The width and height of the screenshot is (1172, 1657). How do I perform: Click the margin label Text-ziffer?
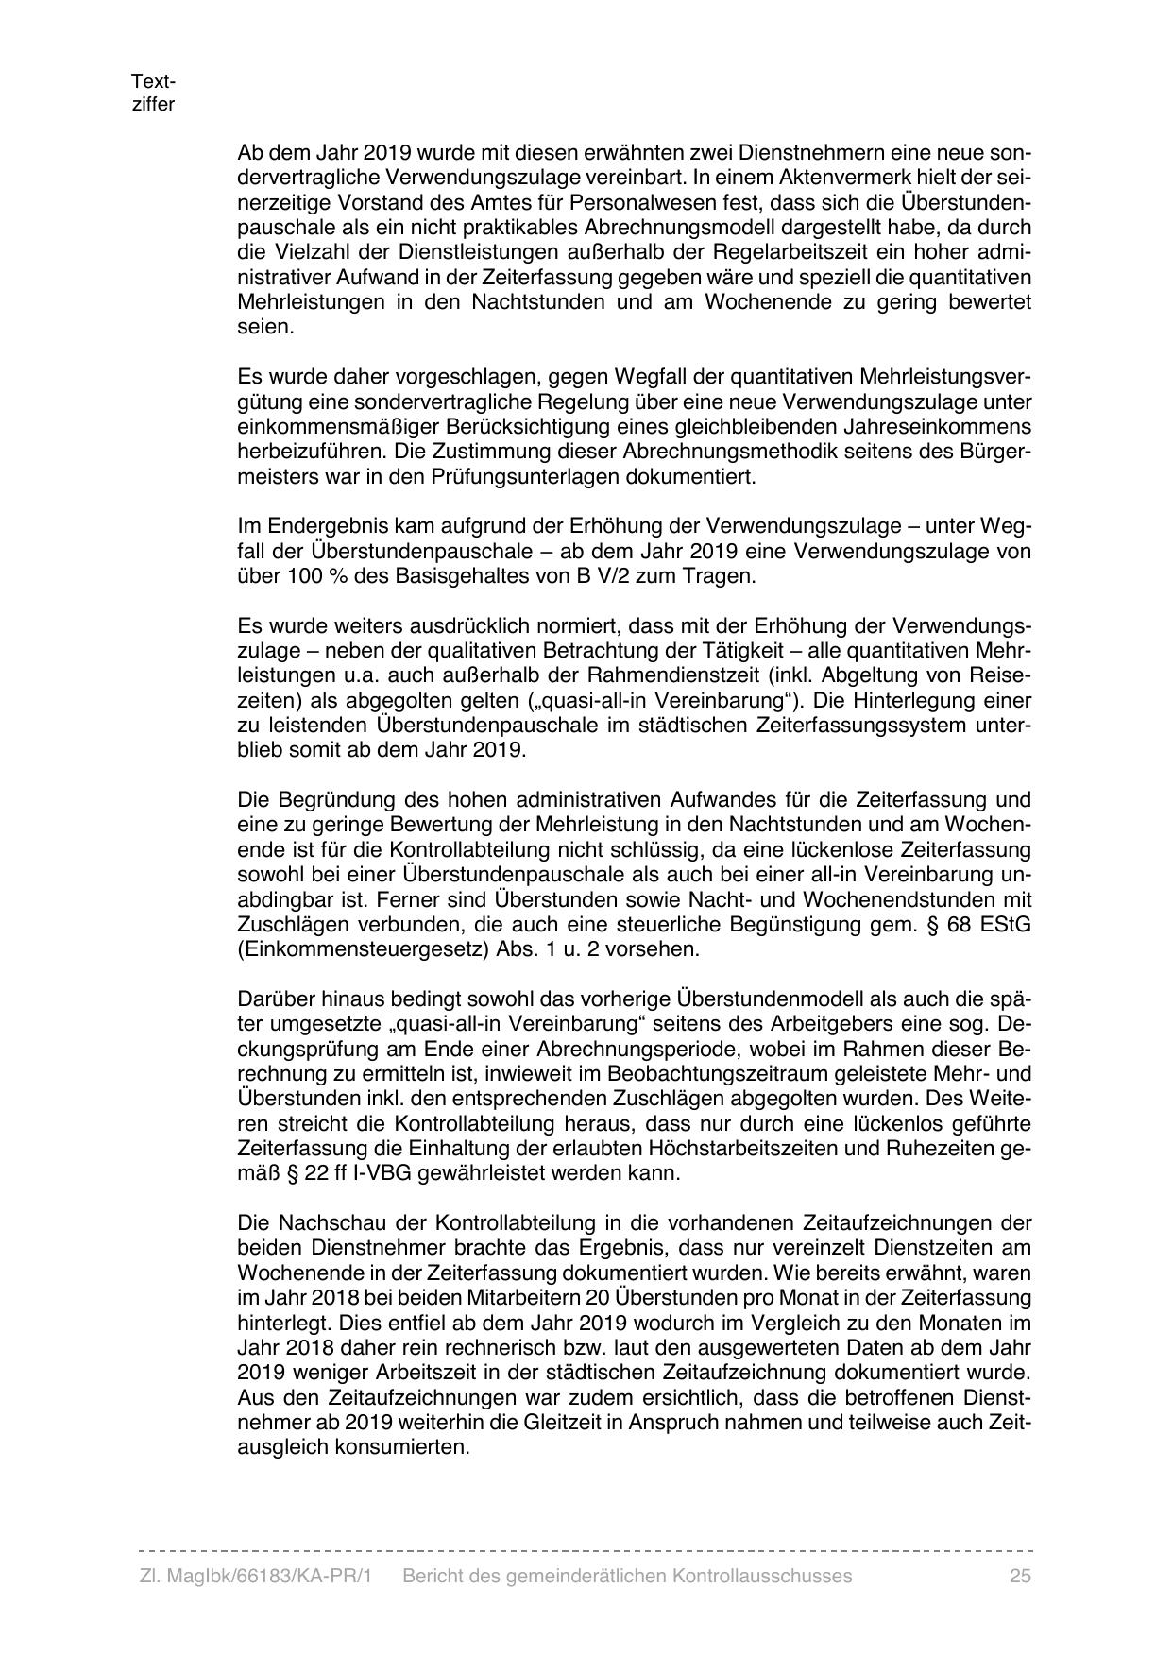point(153,93)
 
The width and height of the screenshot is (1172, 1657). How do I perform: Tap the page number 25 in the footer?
point(1019,1576)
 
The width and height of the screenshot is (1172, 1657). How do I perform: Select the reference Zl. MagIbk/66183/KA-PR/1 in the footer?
point(255,1576)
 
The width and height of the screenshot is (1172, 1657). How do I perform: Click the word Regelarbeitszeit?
point(790,252)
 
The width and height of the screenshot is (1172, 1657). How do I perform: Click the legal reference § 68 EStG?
point(983,924)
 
